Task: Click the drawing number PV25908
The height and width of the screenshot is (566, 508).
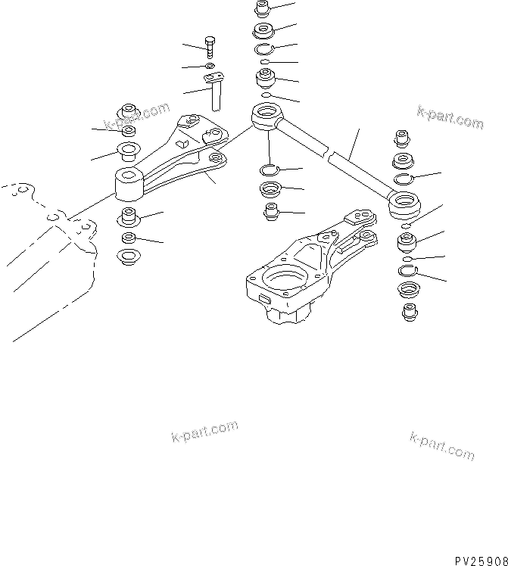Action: pos(480,560)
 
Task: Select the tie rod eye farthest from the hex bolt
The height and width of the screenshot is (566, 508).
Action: pos(405,204)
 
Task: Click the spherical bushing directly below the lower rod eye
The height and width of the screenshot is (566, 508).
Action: pos(408,244)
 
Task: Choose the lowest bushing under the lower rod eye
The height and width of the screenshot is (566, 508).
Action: pos(408,311)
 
